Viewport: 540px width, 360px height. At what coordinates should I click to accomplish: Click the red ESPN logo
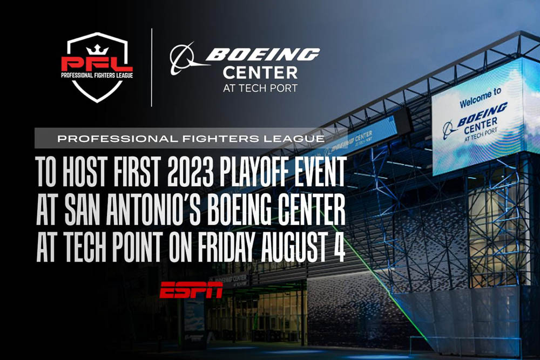[191, 290]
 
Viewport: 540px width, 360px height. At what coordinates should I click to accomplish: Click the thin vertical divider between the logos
[152, 67]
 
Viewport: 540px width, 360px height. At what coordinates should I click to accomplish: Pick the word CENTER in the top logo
[260, 73]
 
